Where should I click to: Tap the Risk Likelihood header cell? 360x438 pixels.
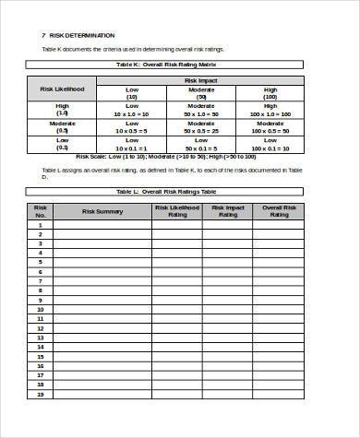pyautogui.click(x=62, y=89)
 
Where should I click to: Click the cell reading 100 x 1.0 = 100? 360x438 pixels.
pyautogui.click(x=269, y=113)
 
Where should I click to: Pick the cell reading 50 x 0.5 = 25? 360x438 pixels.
pyautogui.click(x=200, y=131)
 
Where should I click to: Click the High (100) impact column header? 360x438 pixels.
pyautogui.click(x=269, y=93)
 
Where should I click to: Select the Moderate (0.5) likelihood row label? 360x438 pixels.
pyautogui.click(x=62, y=127)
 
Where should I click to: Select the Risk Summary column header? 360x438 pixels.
pyautogui.click(x=102, y=211)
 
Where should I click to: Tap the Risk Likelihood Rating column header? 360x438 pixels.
pyautogui.click(x=177, y=211)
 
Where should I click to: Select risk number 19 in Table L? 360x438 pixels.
pyautogui.click(x=41, y=394)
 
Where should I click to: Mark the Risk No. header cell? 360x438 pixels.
pyautogui.click(x=41, y=211)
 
